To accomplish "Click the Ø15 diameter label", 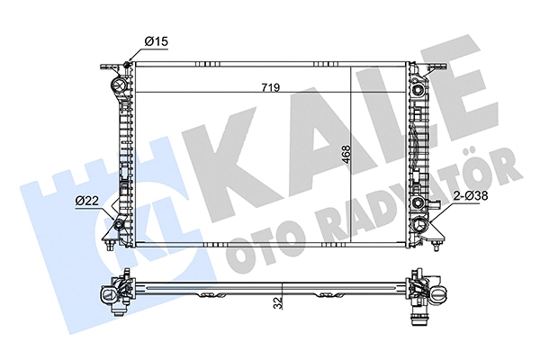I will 157,40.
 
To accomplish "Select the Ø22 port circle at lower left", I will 118,224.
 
